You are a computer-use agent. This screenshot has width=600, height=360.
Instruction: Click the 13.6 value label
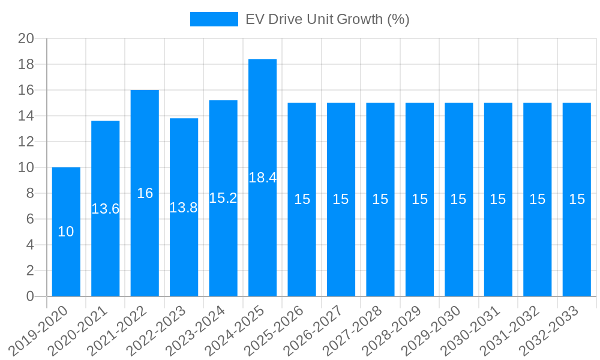point(106,209)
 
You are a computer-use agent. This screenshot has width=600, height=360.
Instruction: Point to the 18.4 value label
point(262,178)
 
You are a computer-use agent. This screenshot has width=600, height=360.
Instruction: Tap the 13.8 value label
point(184,208)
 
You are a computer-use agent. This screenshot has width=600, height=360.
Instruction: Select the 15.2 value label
point(223,198)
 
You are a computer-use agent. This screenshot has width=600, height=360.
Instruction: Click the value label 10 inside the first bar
point(66,232)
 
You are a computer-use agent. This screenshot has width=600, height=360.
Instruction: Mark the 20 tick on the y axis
point(26,38)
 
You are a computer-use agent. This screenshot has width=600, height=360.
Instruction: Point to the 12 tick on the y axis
point(26,142)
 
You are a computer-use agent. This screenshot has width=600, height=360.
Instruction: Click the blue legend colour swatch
point(214,19)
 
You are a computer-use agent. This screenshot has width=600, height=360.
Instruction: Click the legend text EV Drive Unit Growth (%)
point(328,19)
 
